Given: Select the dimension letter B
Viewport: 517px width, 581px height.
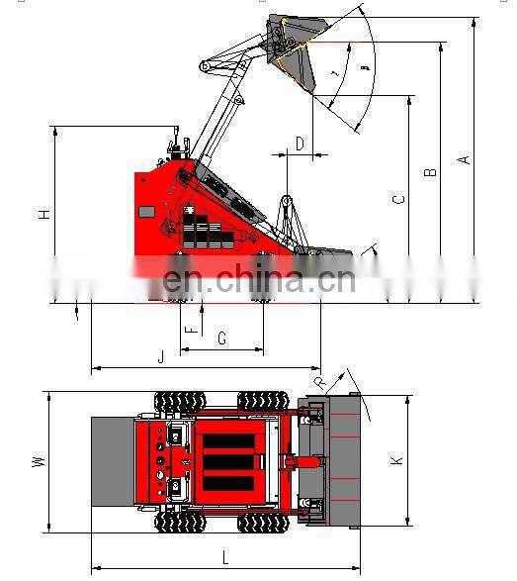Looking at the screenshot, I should pos(431,172).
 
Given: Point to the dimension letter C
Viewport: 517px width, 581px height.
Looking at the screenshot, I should pos(398,200).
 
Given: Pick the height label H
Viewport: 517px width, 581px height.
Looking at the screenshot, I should pos(44,215).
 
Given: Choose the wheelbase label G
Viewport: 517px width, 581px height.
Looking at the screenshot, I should pos(221,339).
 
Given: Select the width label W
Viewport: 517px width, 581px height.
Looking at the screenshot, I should pos(38,461).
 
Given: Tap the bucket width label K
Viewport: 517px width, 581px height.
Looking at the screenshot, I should pos(397,460).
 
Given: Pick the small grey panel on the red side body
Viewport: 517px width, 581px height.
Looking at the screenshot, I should pos(146,211).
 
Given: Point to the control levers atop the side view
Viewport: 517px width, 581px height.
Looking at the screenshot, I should pos(179,146).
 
